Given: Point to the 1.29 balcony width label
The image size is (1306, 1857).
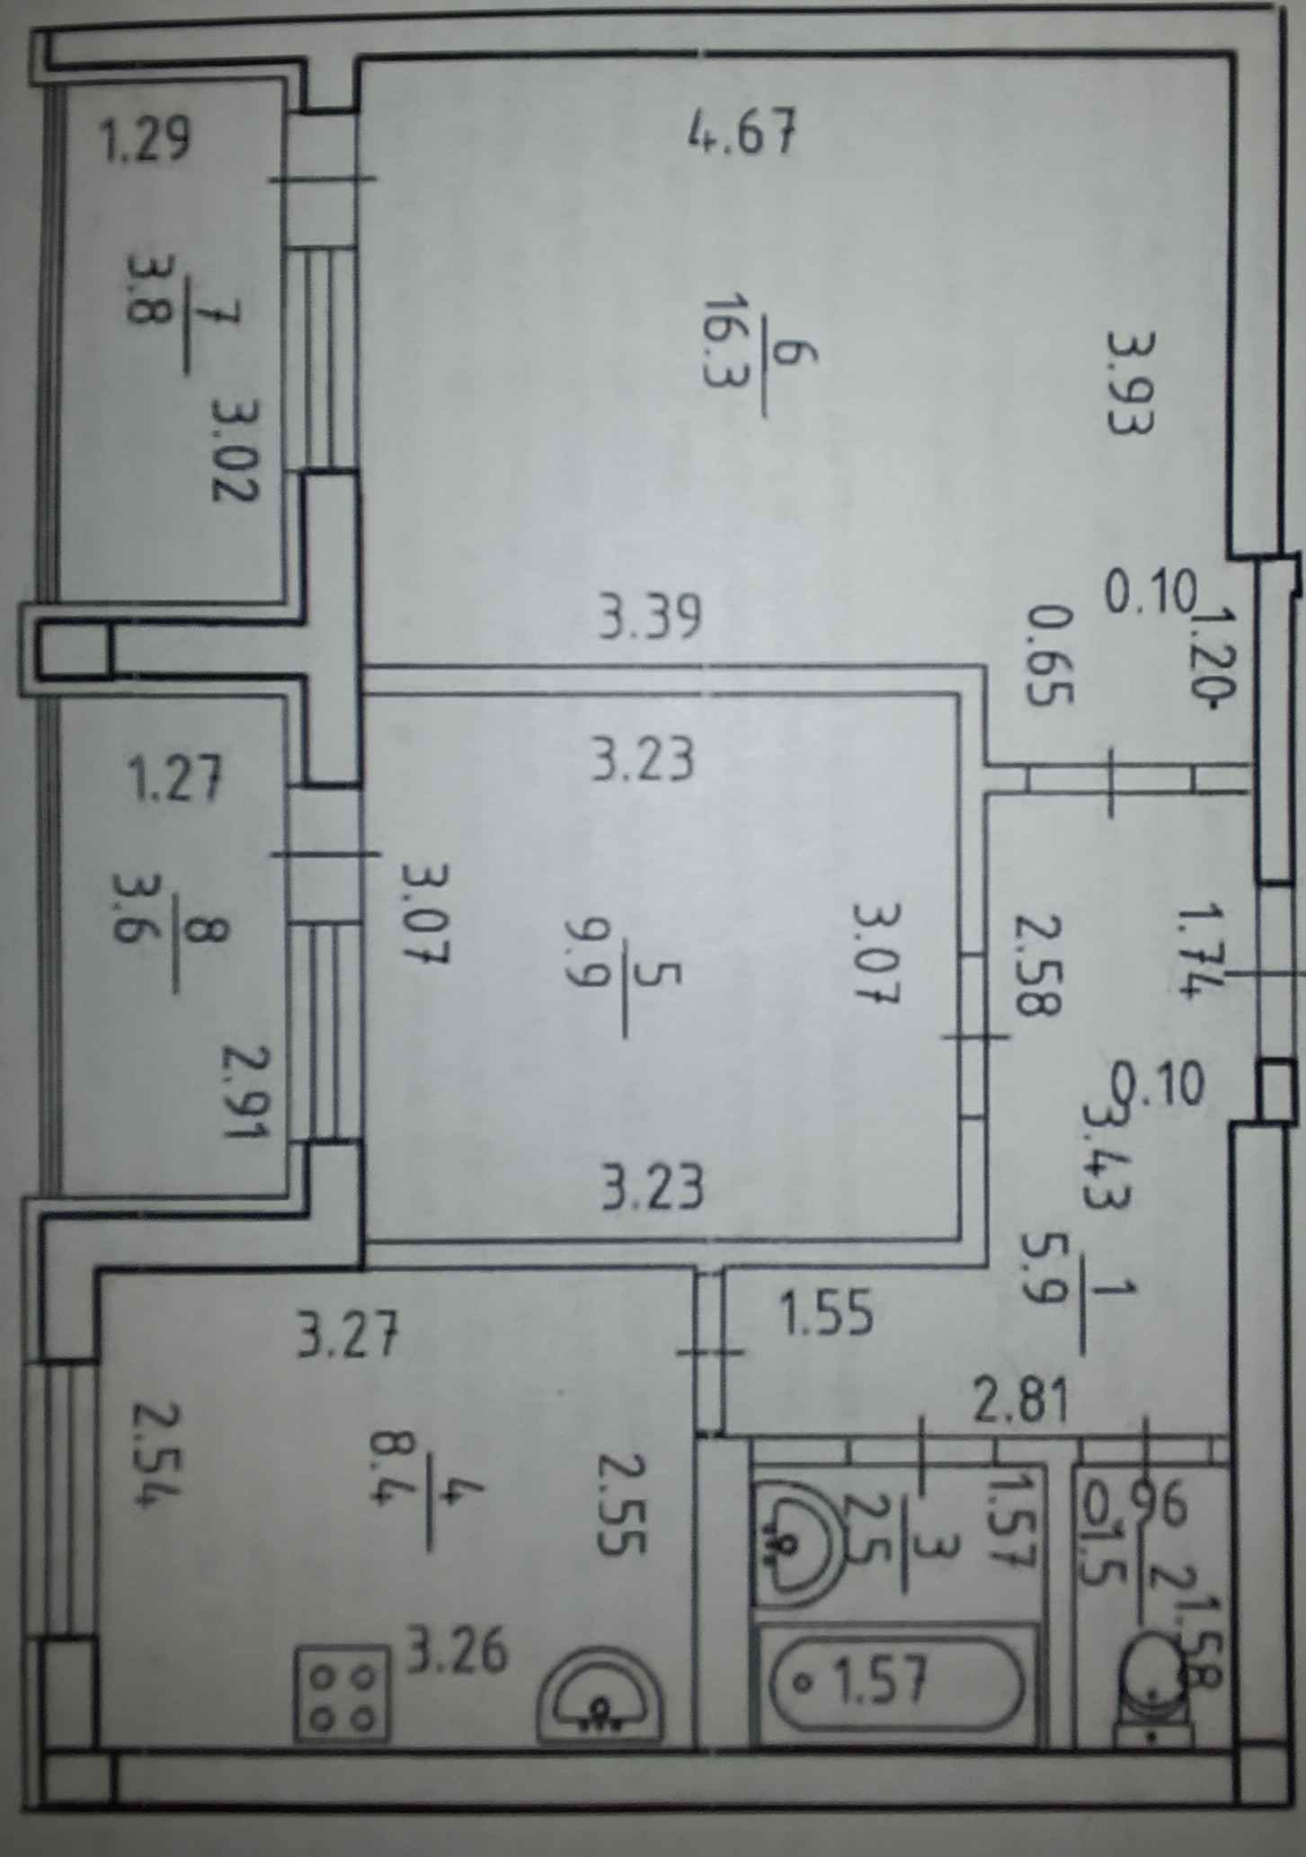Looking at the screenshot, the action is (x=145, y=141).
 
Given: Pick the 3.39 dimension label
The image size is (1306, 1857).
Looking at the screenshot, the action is (x=650, y=619).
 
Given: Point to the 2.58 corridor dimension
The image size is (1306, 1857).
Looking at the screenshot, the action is (x=1037, y=965).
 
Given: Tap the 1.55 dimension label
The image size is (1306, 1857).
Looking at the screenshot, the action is (x=825, y=1314).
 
